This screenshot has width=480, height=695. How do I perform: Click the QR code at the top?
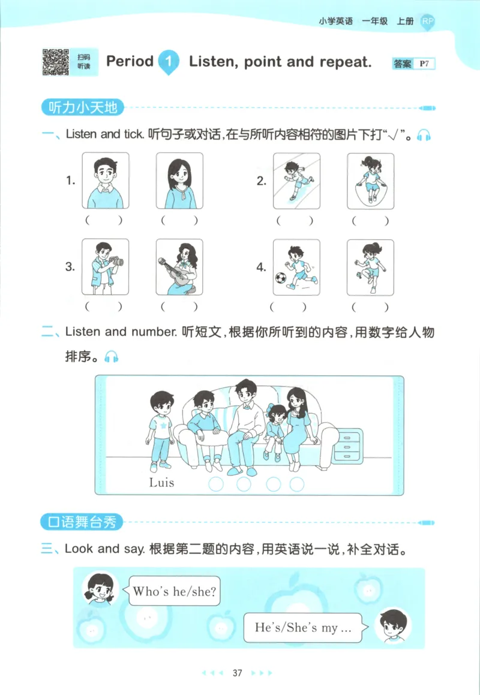click(x=55, y=62)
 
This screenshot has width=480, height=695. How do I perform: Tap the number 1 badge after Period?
click(x=169, y=62)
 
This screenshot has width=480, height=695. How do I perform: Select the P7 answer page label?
click(x=426, y=64)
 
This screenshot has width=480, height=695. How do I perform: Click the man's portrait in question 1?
click(x=104, y=180)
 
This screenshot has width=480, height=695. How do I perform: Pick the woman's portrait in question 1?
click(x=179, y=180)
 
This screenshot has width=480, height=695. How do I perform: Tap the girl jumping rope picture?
click(x=370, y=180)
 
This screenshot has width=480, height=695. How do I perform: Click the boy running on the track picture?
click(x=296, y=180)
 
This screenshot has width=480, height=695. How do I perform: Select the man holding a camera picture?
click(x=104, y=267)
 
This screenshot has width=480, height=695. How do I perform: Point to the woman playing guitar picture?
click(x=179, y=267)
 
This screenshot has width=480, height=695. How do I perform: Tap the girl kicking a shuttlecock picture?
click(x=370, y=267)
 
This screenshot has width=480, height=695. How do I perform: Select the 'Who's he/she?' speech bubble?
click(x=174, y=592)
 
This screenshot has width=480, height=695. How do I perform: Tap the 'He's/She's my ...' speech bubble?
click(x=302, y=628)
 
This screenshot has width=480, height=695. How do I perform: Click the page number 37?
click(x=237, y=673)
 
